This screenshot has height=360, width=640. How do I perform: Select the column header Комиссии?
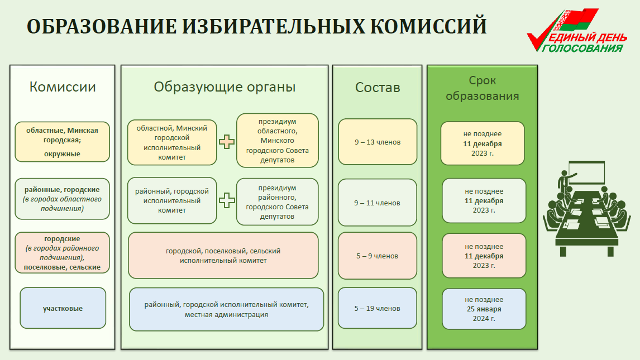[63, 87]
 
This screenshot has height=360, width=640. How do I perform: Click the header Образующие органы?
[225, 87]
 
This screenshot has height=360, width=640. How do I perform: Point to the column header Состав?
[378, 88]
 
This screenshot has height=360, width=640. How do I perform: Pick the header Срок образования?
[482, 88]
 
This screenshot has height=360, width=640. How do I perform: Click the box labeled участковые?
[63, 308]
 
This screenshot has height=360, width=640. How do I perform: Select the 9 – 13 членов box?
[378, 142]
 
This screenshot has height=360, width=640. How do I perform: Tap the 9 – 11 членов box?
[378, 203]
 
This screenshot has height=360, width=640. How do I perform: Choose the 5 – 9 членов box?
[378, 256]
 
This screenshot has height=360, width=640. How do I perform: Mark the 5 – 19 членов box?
[378, 308]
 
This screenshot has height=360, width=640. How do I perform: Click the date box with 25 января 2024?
[484, 309]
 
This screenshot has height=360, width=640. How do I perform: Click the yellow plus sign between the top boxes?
[227, 141]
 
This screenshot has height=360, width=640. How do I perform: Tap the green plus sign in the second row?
[227, 200]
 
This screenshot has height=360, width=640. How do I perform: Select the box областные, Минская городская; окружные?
[63, 142]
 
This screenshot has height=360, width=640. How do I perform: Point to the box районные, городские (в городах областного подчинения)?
[63, 199]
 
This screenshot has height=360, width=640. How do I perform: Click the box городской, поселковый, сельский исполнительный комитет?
[223, 256]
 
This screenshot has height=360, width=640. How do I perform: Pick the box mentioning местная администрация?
[226, 310]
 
